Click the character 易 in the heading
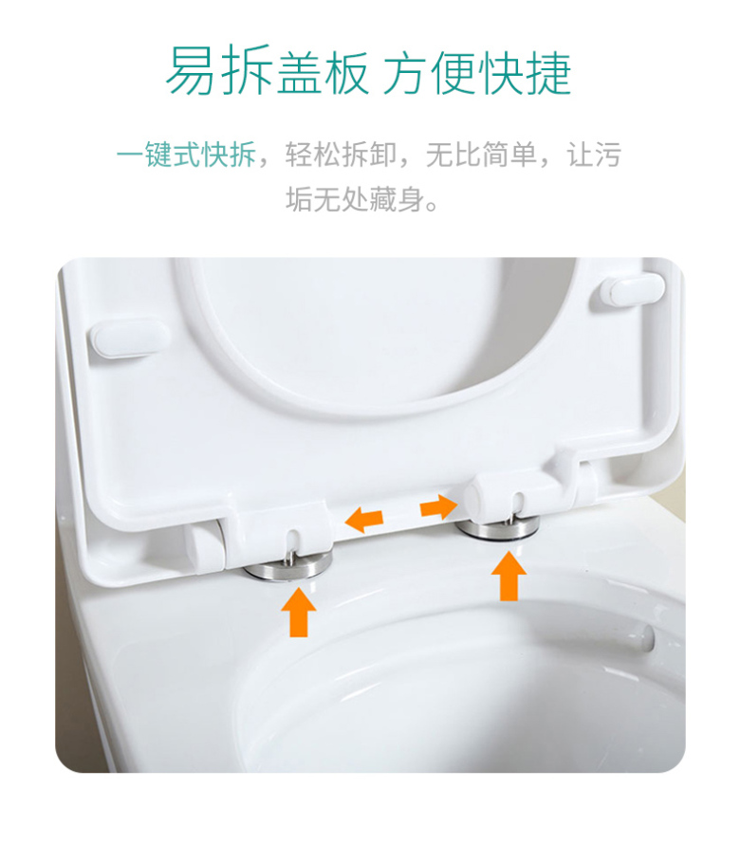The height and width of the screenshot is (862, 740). (191, 70)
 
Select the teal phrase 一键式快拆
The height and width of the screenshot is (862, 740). (186, 154)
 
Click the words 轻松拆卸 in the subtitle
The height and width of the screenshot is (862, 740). (340, 154)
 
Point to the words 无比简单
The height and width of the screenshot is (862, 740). (481, 154)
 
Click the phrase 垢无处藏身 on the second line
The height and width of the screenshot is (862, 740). (355, 198)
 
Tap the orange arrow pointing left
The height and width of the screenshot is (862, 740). (363, 520)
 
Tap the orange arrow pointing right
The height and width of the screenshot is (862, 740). (438, 506)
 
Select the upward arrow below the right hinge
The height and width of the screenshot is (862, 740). (509, 577)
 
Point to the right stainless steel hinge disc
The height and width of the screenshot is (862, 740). (497, 528)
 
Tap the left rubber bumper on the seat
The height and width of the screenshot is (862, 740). (130, 339)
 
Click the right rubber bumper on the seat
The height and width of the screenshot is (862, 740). (632, 291)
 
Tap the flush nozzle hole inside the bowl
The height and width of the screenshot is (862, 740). (644, 637)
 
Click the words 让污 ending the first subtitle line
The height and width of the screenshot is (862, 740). (594, 154)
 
